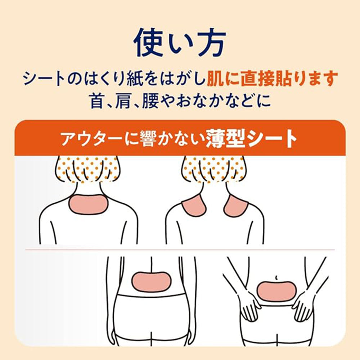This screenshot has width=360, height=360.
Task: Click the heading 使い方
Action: click(x=180, y=43)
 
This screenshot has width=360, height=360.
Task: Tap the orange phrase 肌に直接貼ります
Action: click(x=272, y=78)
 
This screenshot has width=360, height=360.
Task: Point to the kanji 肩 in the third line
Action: click(x=123, y=101)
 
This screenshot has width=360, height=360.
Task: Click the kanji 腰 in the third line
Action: click(x=150, y=101)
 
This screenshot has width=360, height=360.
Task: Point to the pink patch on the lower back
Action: click(x=151, y=282)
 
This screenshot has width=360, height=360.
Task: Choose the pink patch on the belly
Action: click(x=276, y=291)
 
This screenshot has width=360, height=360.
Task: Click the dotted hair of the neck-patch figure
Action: click(x=87, y=169)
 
